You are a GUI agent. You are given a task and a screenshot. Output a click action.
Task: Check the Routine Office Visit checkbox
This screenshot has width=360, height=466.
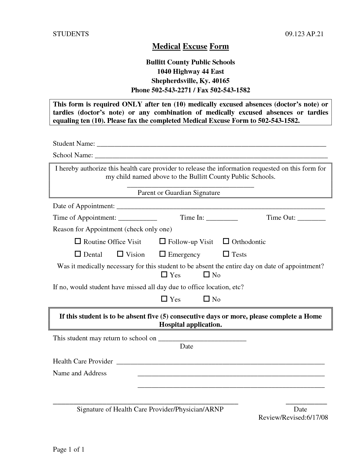77,241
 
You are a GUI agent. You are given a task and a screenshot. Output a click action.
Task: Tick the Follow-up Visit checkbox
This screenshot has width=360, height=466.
162,241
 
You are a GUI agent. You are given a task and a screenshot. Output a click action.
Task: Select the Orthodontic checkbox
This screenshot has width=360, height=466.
226,241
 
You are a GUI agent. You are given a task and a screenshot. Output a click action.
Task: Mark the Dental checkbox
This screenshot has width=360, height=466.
77,254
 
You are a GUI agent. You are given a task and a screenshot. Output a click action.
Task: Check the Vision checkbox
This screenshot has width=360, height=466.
120,254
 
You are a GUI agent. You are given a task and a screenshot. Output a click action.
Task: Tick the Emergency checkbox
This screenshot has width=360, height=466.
162,254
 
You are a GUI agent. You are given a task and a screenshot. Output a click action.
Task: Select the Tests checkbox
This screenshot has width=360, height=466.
226,254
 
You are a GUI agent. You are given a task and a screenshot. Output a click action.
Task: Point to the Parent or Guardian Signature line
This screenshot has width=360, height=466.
191,186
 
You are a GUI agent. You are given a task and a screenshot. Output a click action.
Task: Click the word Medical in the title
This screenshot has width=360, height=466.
166,46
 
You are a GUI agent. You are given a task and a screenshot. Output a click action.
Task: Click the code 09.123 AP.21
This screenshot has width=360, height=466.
304,34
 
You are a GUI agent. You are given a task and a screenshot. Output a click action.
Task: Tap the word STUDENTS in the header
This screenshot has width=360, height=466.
71,34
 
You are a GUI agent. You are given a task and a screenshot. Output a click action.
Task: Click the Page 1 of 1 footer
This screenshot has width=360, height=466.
69,449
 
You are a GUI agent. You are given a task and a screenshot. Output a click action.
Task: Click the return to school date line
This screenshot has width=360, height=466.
202,339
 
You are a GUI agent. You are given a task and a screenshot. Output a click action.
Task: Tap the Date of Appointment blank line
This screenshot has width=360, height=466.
220,207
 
